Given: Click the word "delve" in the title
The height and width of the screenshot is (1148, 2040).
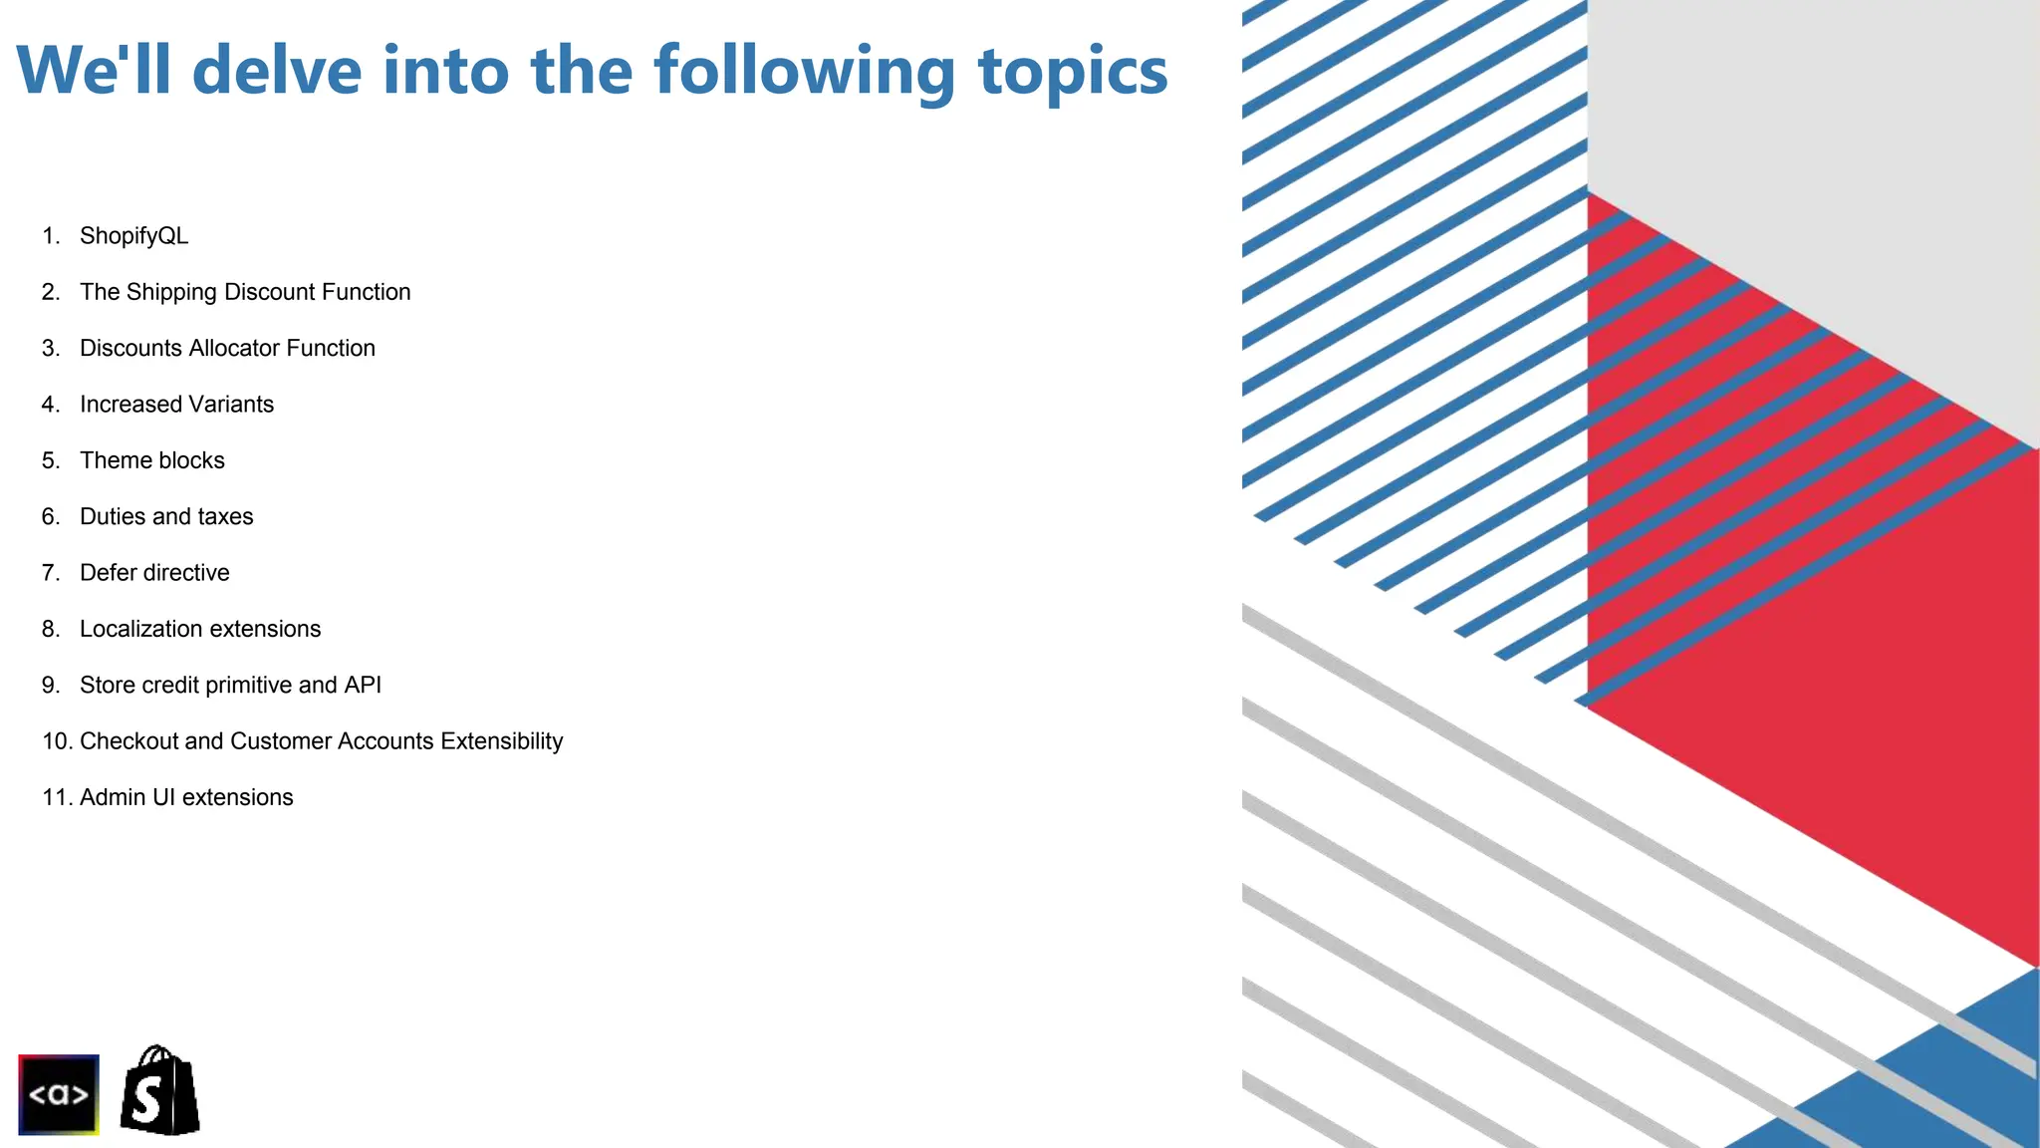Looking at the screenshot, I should click(276, 71).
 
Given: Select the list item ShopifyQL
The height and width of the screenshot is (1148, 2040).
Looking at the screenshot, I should click(133, 236).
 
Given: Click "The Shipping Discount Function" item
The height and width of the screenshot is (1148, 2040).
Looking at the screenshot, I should click(245, 292).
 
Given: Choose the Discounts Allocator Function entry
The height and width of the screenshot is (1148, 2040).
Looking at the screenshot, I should click(227, 348).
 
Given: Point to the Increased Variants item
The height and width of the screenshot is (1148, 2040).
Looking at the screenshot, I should click(176, 405).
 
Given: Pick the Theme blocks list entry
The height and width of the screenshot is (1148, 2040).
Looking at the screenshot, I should click(152, 460).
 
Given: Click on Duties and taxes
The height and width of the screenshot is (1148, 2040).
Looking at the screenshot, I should click(166, 516).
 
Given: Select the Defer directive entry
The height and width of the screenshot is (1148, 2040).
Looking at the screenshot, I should click(154, 573).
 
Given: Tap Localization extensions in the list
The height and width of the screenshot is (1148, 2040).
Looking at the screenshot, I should click(200, 629).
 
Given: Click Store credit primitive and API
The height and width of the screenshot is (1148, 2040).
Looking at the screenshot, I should click(230, 686).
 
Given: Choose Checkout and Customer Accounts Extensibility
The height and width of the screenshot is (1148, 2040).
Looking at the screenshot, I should click(321, 741).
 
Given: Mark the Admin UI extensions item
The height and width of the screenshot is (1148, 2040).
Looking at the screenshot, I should click(186, 797).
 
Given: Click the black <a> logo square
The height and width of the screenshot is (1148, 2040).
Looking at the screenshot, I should click(59, 1094).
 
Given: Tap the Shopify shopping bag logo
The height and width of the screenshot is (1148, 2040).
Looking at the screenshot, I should click(159, 1091).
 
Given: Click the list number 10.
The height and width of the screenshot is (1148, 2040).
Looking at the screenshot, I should click(55, 741).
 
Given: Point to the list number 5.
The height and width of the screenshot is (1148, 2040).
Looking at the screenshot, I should click(50, 460).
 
